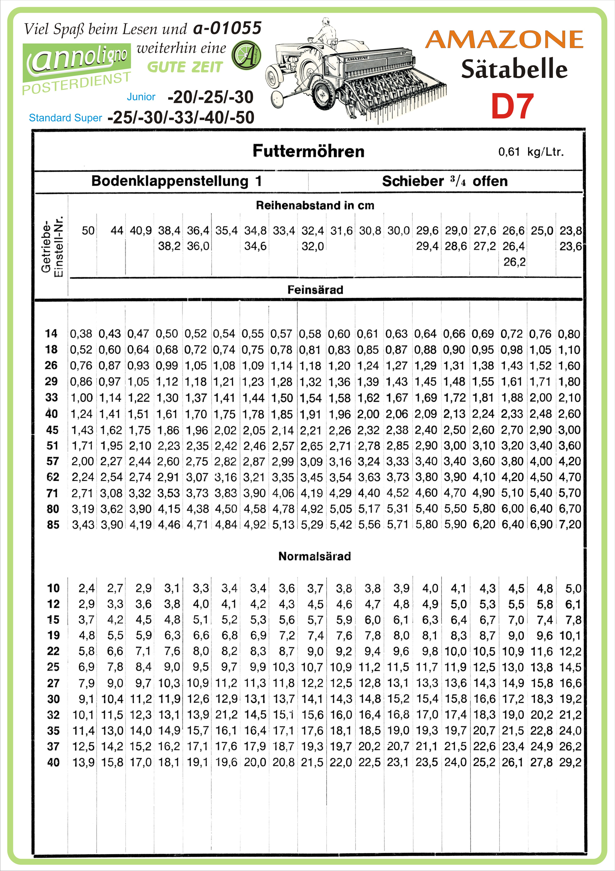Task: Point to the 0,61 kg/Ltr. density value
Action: (531, 152)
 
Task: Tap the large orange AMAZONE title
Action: (504, 40)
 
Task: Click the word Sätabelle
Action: (514, 69)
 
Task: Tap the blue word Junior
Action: (141, 97)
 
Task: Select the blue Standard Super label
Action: (65, 118)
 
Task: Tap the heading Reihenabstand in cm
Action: (315, 205)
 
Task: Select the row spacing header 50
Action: (88, 231)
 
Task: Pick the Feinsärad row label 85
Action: (53, 525)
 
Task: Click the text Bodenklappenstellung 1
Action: (176, 181)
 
